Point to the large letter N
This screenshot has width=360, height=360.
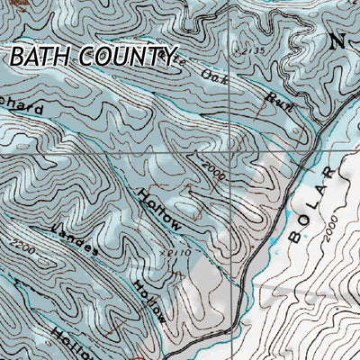pos(337,41)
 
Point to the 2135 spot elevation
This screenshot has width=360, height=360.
pos(251,53)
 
